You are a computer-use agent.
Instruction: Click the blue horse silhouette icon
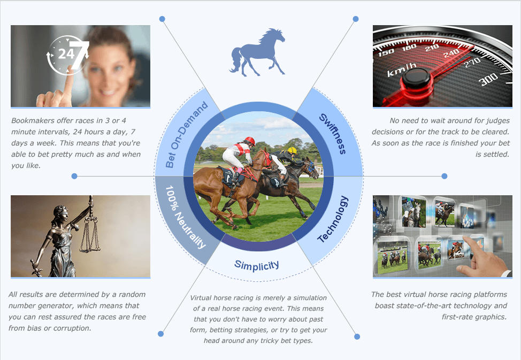click(257, 52)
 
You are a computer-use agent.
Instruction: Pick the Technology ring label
click(333, 219)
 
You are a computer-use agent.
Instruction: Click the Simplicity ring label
click(257, 265)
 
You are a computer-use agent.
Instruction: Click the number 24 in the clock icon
click(66, 54)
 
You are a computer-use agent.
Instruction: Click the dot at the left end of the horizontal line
click(74, 176)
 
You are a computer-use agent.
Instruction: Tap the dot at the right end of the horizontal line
click(444, 176)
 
